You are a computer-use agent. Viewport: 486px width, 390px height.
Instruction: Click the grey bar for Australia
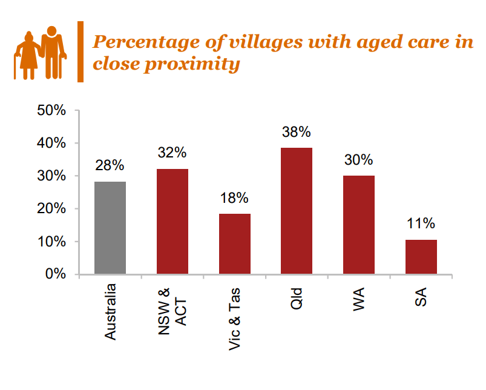click(x=110, y=228)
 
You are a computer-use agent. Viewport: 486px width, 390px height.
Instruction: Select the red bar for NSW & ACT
click(x=172, y=222)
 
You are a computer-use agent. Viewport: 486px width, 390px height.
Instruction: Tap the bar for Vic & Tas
click(x=234, y=243)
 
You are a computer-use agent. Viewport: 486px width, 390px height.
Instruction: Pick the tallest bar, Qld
click(x=297, y=211)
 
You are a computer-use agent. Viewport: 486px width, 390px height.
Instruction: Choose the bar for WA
click(x=359, y=225)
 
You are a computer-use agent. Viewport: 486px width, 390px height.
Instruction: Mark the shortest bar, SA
click(x=421, y=257)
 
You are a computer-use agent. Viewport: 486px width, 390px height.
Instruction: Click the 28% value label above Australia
click(x=110, y=165)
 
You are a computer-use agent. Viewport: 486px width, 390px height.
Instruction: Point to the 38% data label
click(x=297, y=132)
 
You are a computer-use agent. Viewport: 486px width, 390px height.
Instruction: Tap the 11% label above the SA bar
click(x=421, y=223)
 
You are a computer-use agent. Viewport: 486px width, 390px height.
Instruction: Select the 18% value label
click(x=234, y=198)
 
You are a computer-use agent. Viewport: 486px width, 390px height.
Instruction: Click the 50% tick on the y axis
click(x=51, y=111)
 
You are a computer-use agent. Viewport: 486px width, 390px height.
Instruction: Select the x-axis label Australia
click(x=110, y=312)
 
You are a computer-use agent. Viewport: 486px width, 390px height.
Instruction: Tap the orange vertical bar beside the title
click(x=80, y=51)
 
